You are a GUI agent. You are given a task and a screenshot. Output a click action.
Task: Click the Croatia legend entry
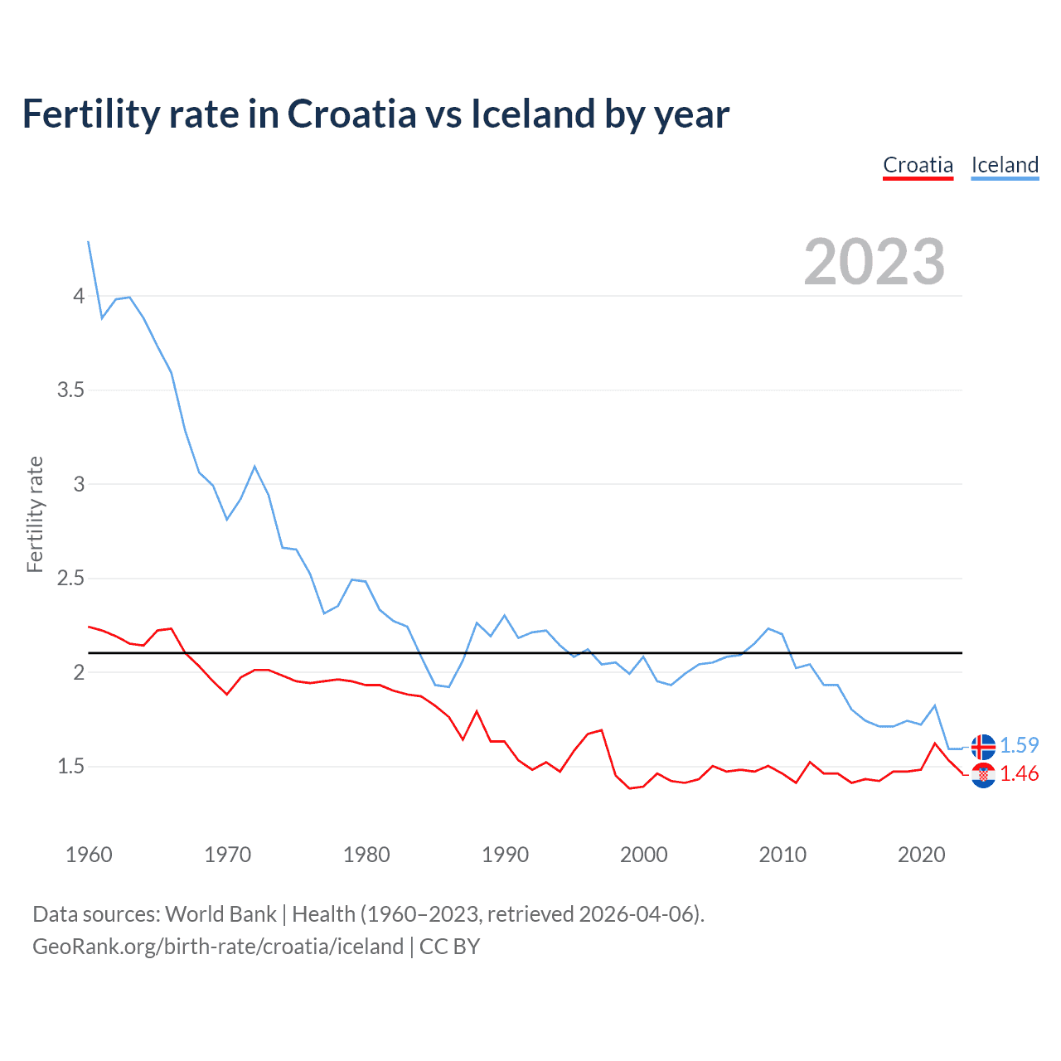click(x=918, y=165)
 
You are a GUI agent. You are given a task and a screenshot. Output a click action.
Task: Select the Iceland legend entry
click(x=1005, y=165)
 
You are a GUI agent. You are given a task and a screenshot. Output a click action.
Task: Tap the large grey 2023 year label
click(x=874, y=262)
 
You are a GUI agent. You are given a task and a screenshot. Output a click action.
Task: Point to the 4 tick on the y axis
click(x=79, y=296)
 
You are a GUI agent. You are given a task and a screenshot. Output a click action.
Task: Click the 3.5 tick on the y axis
click(x=71, y=390)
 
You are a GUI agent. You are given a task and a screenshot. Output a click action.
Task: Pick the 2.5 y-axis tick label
click(x=71, y=578)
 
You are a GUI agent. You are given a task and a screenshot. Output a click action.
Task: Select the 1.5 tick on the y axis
click(x=71, y=766)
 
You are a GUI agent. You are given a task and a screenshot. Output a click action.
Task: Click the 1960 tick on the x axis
click(x=89, y=855)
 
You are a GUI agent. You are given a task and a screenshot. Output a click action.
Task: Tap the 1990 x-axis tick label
click(x=505, y=855)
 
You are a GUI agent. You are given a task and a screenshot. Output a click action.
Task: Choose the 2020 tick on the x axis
click(x=921, y=855)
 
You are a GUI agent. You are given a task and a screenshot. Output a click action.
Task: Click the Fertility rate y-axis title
click(x=35, y=514)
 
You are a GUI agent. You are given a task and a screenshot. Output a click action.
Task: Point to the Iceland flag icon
click(x=983, y=747)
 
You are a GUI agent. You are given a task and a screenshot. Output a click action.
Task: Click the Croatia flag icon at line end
click(x=983, y=776)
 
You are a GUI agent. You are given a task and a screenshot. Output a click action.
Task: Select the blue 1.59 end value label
click(x=1020, y=745)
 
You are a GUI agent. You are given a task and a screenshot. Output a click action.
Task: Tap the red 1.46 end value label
click(x=1020, y=773)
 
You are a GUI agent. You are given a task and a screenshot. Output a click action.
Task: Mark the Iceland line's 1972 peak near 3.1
click(x=254, y=467)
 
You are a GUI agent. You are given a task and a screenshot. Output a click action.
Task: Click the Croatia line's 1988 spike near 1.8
click(x=477, y=711)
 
